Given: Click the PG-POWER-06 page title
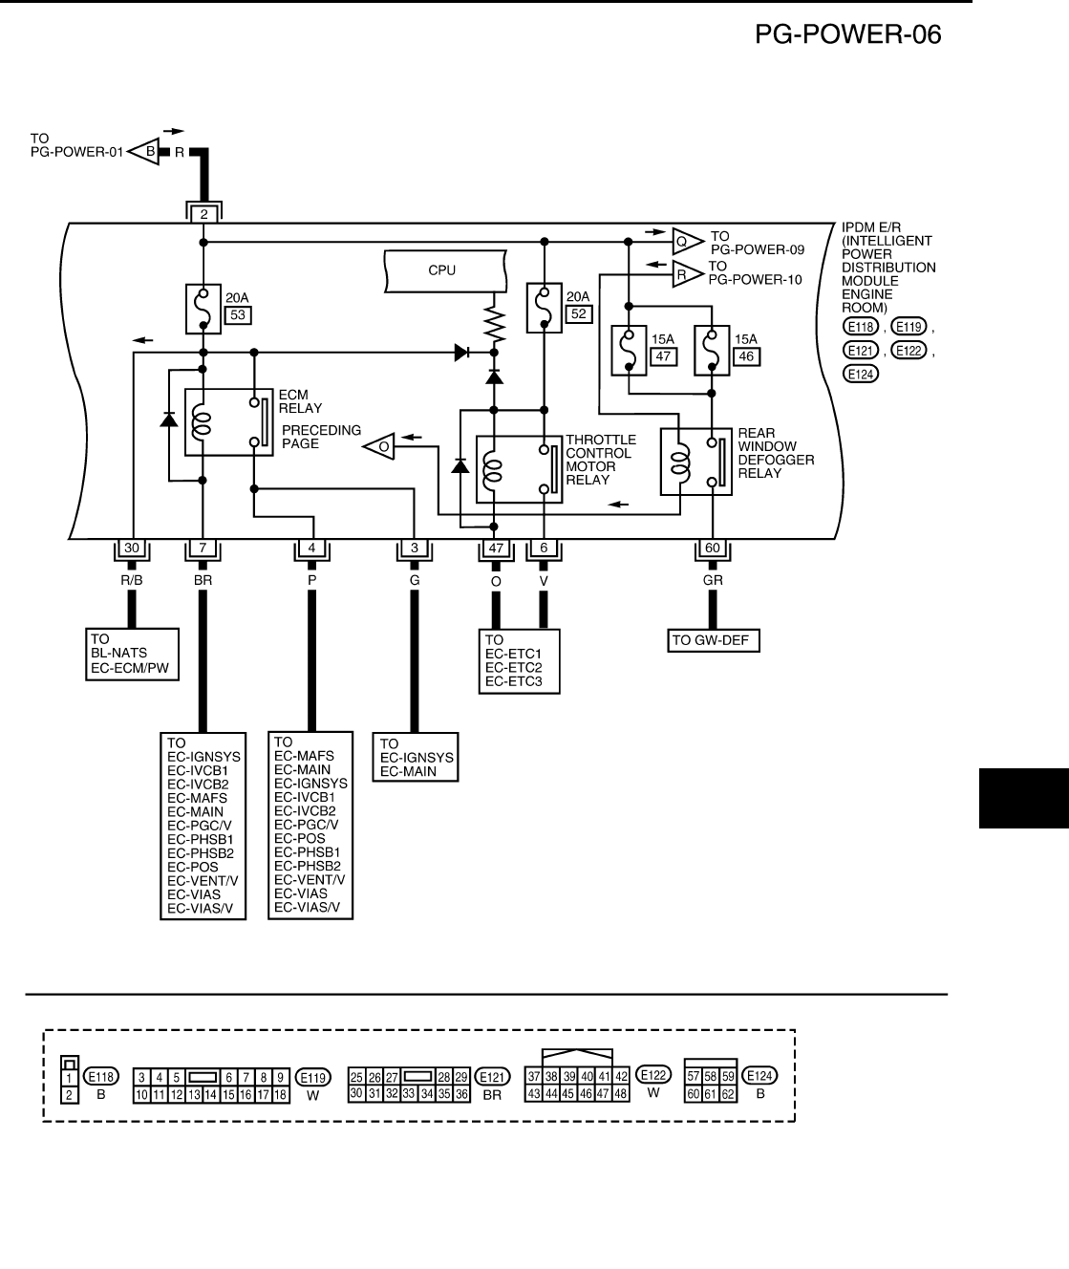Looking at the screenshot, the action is [x=847, y=34].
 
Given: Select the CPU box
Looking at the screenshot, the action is [x=445, y=271].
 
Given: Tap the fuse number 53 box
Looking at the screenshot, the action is [x=238, y=314].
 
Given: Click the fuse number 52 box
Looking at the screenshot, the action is [x=579, y=313].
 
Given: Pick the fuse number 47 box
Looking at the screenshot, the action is [x=663, y=356].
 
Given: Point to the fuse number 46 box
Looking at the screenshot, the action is [x=746, y=356].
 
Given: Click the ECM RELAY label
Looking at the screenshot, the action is [x=300, y=401].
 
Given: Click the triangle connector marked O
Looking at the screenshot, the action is [x=379, y=446].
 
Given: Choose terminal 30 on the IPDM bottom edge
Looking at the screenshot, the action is [x=132, y=548].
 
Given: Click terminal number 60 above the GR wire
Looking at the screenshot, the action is [x=713, y=548].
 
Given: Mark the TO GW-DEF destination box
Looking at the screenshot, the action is [x=714, y=640].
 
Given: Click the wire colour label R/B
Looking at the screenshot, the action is [x=132, y=580].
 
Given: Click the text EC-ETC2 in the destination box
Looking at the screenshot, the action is [x=514, y=667].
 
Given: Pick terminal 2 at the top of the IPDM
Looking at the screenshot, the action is [x=203, y=214].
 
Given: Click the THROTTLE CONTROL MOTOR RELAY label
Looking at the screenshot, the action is [x=601, y=460].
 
